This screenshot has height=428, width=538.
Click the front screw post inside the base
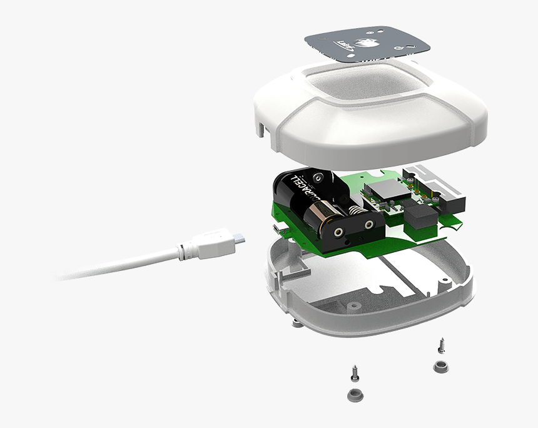(353, 306)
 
